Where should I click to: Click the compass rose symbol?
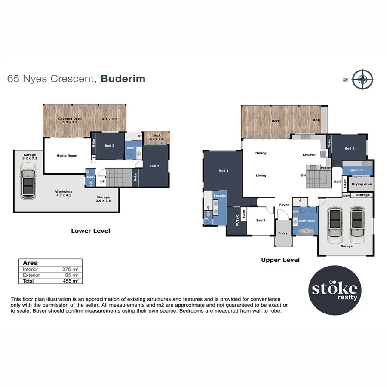click(362, 79)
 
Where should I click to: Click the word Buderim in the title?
click(123, 79)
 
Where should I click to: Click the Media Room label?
click(67, 155)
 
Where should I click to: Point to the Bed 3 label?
click(110, 146)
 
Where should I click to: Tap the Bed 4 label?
click(154, 166)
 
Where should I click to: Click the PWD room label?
click(90, 177)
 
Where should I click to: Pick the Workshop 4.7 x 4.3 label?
click(64, 194)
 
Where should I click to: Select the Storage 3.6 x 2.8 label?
click(103, 199)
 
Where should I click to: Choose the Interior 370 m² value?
click(71, 269)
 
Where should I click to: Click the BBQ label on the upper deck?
click(316, 121)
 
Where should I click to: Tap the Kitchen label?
click(309, 154)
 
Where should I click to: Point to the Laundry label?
click(356, 170)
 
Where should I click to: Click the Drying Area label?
click(362, 184)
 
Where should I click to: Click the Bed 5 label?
click(261, 221)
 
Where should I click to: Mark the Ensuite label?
click(220, 196)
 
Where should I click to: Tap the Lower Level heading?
click(90, 231)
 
